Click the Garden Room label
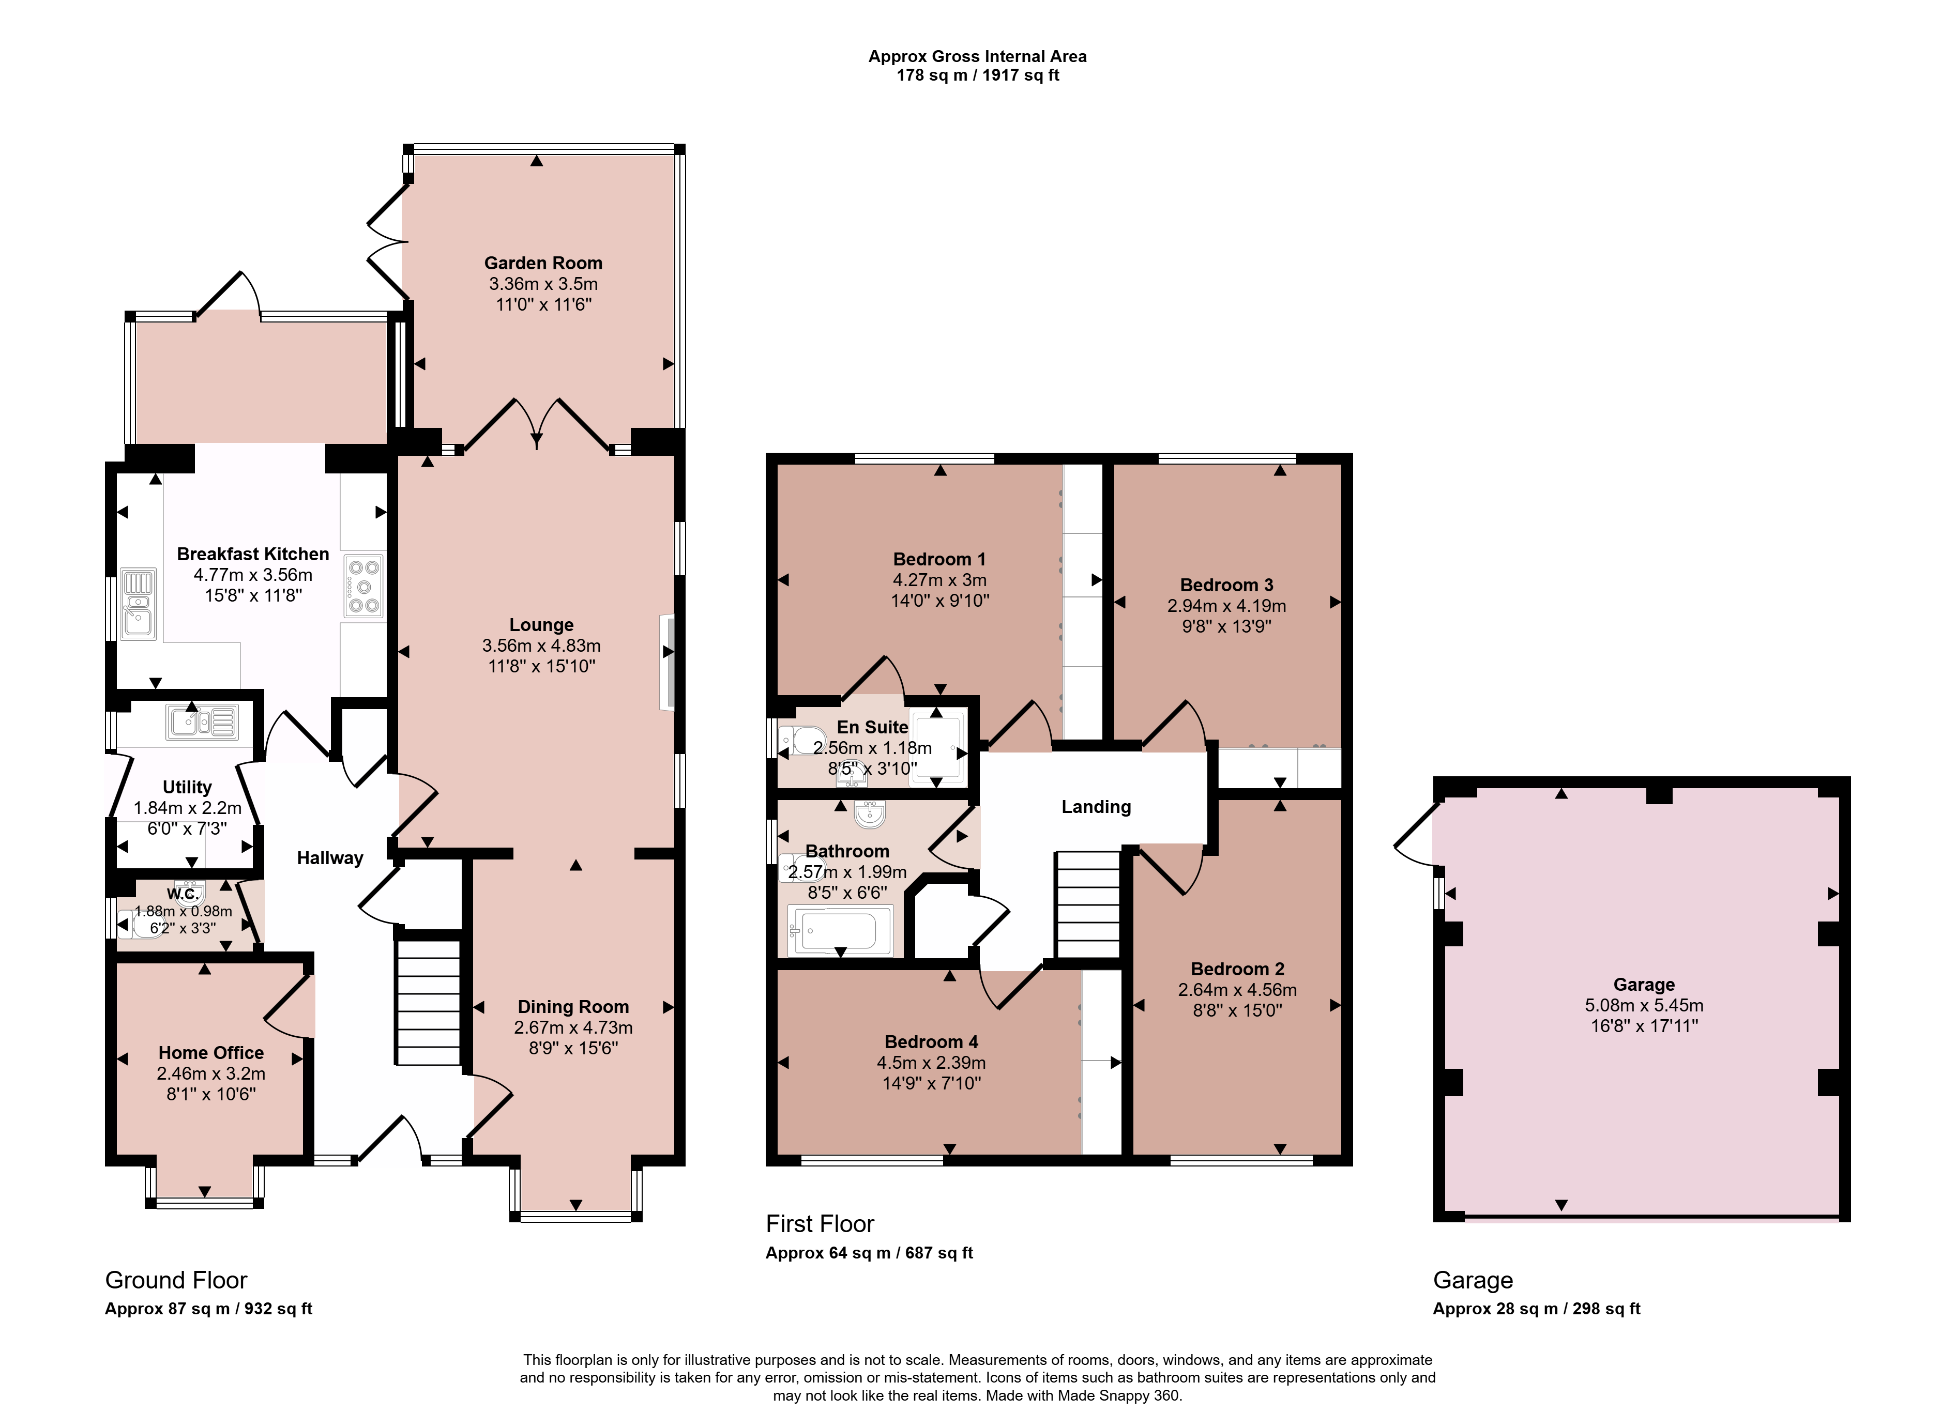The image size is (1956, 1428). point(543,263)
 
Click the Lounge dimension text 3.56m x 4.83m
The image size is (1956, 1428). point(541,646)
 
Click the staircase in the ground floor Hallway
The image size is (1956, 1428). point(428,1003)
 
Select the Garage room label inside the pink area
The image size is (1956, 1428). point(1644,985)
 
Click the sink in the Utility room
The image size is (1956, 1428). point(203,723)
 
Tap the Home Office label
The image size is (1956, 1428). point(211,1053)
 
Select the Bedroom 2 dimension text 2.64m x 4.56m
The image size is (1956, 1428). point(1237,990)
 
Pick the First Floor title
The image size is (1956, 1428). point(820,1224)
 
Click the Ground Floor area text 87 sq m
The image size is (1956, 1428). point(199,1309)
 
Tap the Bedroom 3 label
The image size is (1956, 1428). point(1226,585)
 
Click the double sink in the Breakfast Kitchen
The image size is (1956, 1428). point(139,603)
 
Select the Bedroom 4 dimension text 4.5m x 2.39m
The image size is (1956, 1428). point(931,1063)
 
